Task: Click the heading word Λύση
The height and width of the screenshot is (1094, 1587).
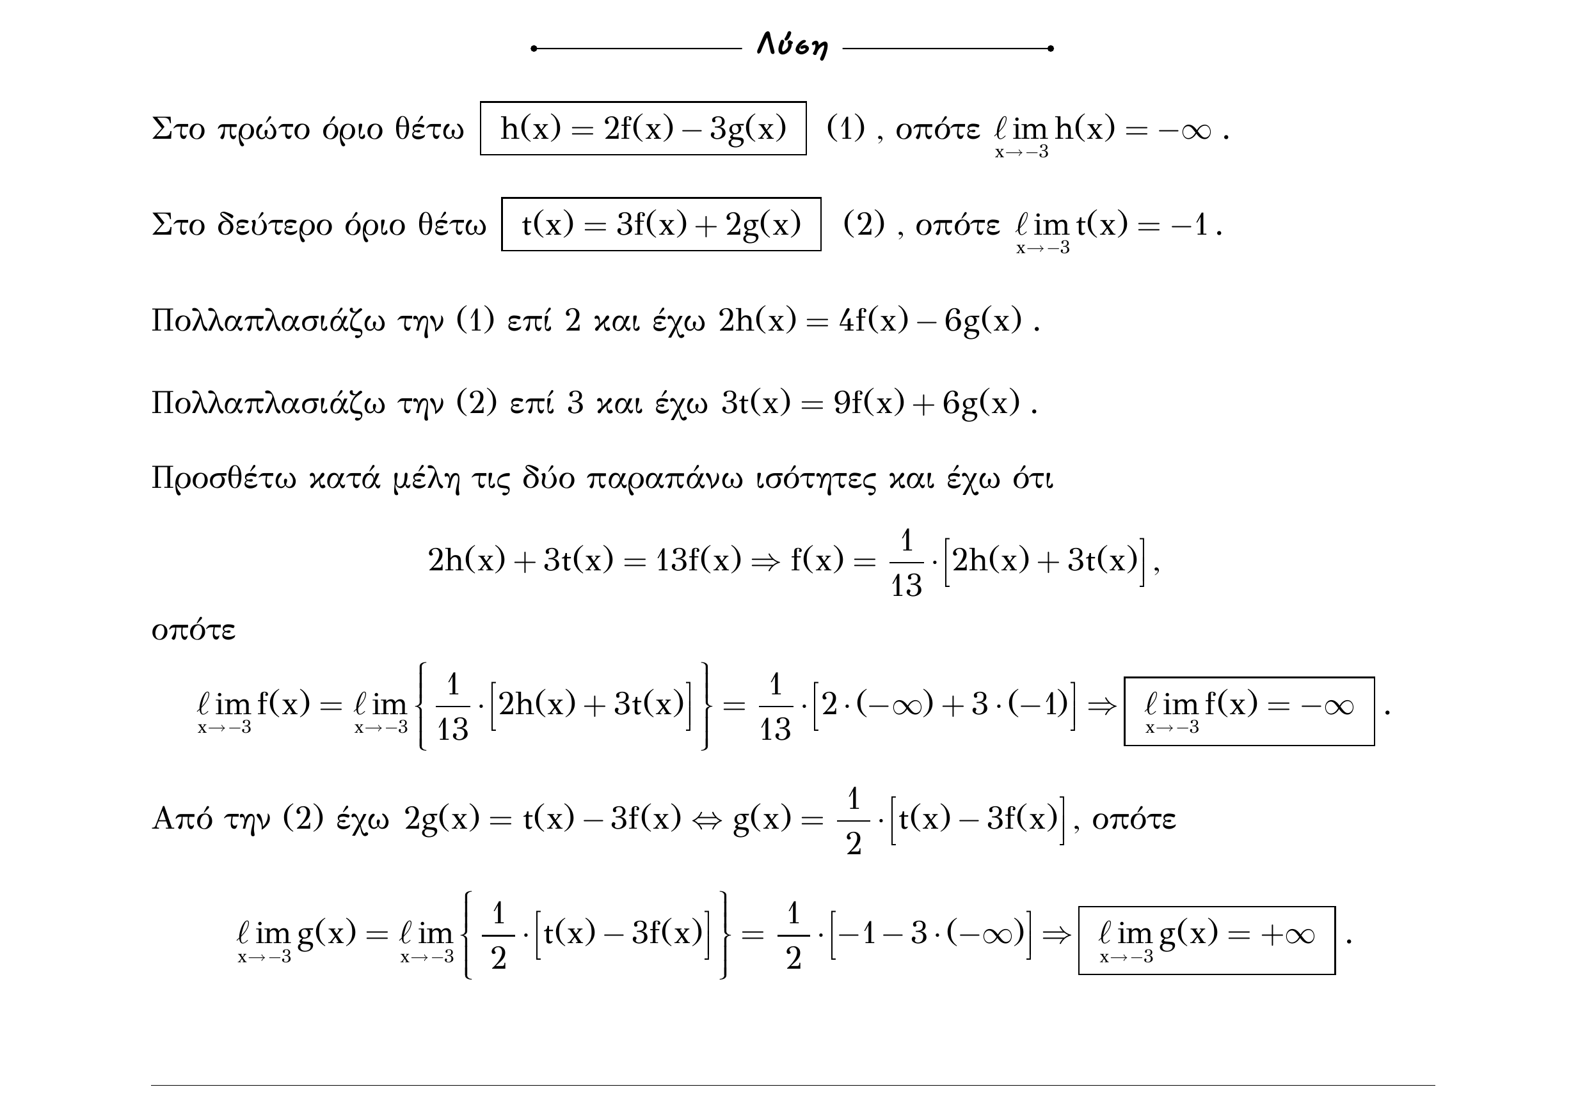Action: [792, 46]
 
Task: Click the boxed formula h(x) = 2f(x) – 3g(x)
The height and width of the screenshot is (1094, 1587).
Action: [643, 128]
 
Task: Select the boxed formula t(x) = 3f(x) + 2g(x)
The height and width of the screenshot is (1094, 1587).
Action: [661, 224]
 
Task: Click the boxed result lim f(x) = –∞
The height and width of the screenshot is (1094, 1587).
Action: [1249, 711]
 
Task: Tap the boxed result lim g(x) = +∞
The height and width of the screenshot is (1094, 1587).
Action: [1206, 940]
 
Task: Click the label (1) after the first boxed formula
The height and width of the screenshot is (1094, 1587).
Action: [845, 128]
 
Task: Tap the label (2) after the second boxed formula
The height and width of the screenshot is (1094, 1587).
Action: [864, 224]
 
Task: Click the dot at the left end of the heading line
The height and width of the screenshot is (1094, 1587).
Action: [534, 49]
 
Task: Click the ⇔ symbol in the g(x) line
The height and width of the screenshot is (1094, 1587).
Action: [706, 819]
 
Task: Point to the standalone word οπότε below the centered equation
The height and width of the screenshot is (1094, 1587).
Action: [193, 630]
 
